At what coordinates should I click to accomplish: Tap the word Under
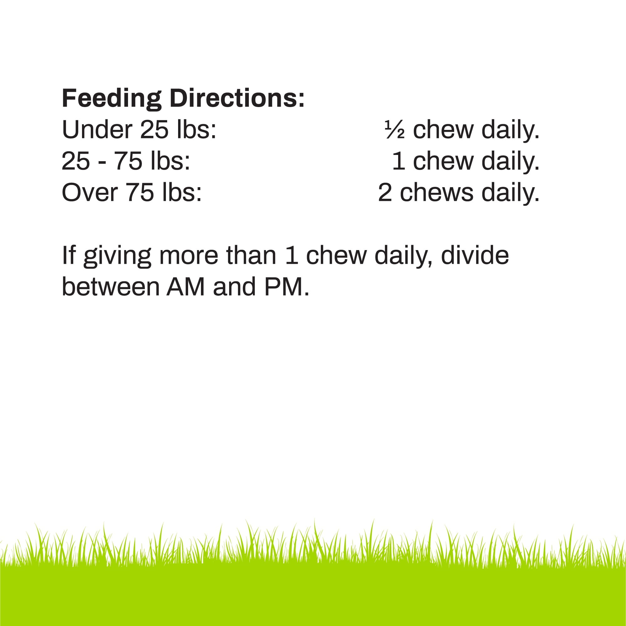[x=97, y=130]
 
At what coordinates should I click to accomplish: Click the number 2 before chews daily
[x=385, y=193]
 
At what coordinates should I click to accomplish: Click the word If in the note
[x=68, y=256]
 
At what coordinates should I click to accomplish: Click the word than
[x=251, y=256]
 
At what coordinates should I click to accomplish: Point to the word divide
[x=475, y=256]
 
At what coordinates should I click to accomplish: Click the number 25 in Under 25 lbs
[x=155, y=130]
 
